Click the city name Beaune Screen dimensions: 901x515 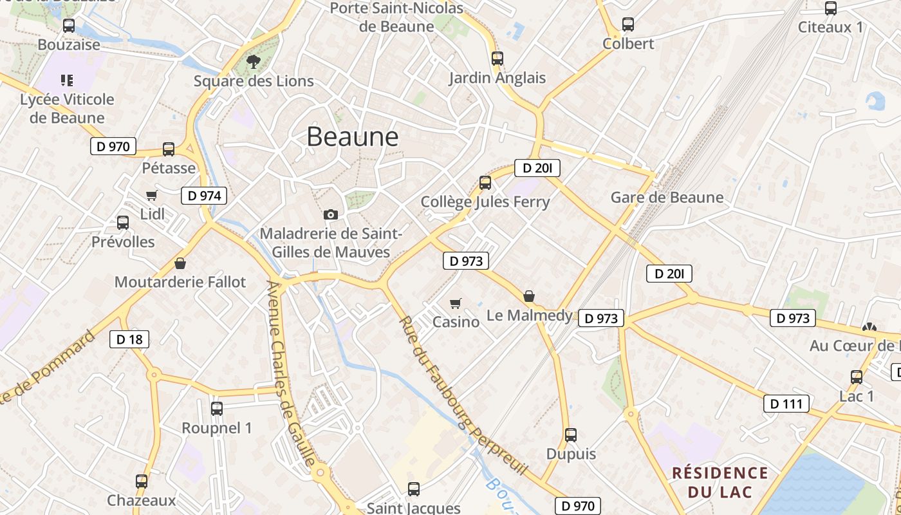[x=353, y=136]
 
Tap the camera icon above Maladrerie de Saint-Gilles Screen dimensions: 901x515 [x=331, y=214]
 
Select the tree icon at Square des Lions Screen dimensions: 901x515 [x=254, y=62]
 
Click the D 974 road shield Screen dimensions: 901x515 [x=205, y=196]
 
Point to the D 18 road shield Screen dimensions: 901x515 [x=129, y=339]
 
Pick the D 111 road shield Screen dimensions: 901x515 [x=786, y=404]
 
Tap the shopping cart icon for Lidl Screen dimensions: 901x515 [x=152, y=195]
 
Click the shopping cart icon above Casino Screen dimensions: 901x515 [x=456, y=303]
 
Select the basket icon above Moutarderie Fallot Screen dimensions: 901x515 [x=180, y=263]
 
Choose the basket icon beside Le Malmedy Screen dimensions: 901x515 [x=529, y=296]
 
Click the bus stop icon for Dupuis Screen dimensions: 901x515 [x=571, y=435]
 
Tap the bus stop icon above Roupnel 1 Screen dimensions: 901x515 [x=217, y=408]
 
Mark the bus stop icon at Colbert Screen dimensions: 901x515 [x=628, y=24]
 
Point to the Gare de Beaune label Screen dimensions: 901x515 [x=667, y=197]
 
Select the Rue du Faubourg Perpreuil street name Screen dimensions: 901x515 [x=463, y=396]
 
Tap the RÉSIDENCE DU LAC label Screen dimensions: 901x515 [x=720, y=483]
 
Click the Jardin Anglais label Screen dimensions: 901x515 [x=497, y=78]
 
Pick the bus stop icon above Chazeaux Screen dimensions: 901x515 [x=142, y=481]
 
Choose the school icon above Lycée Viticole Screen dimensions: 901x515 [x=67, y=80]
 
